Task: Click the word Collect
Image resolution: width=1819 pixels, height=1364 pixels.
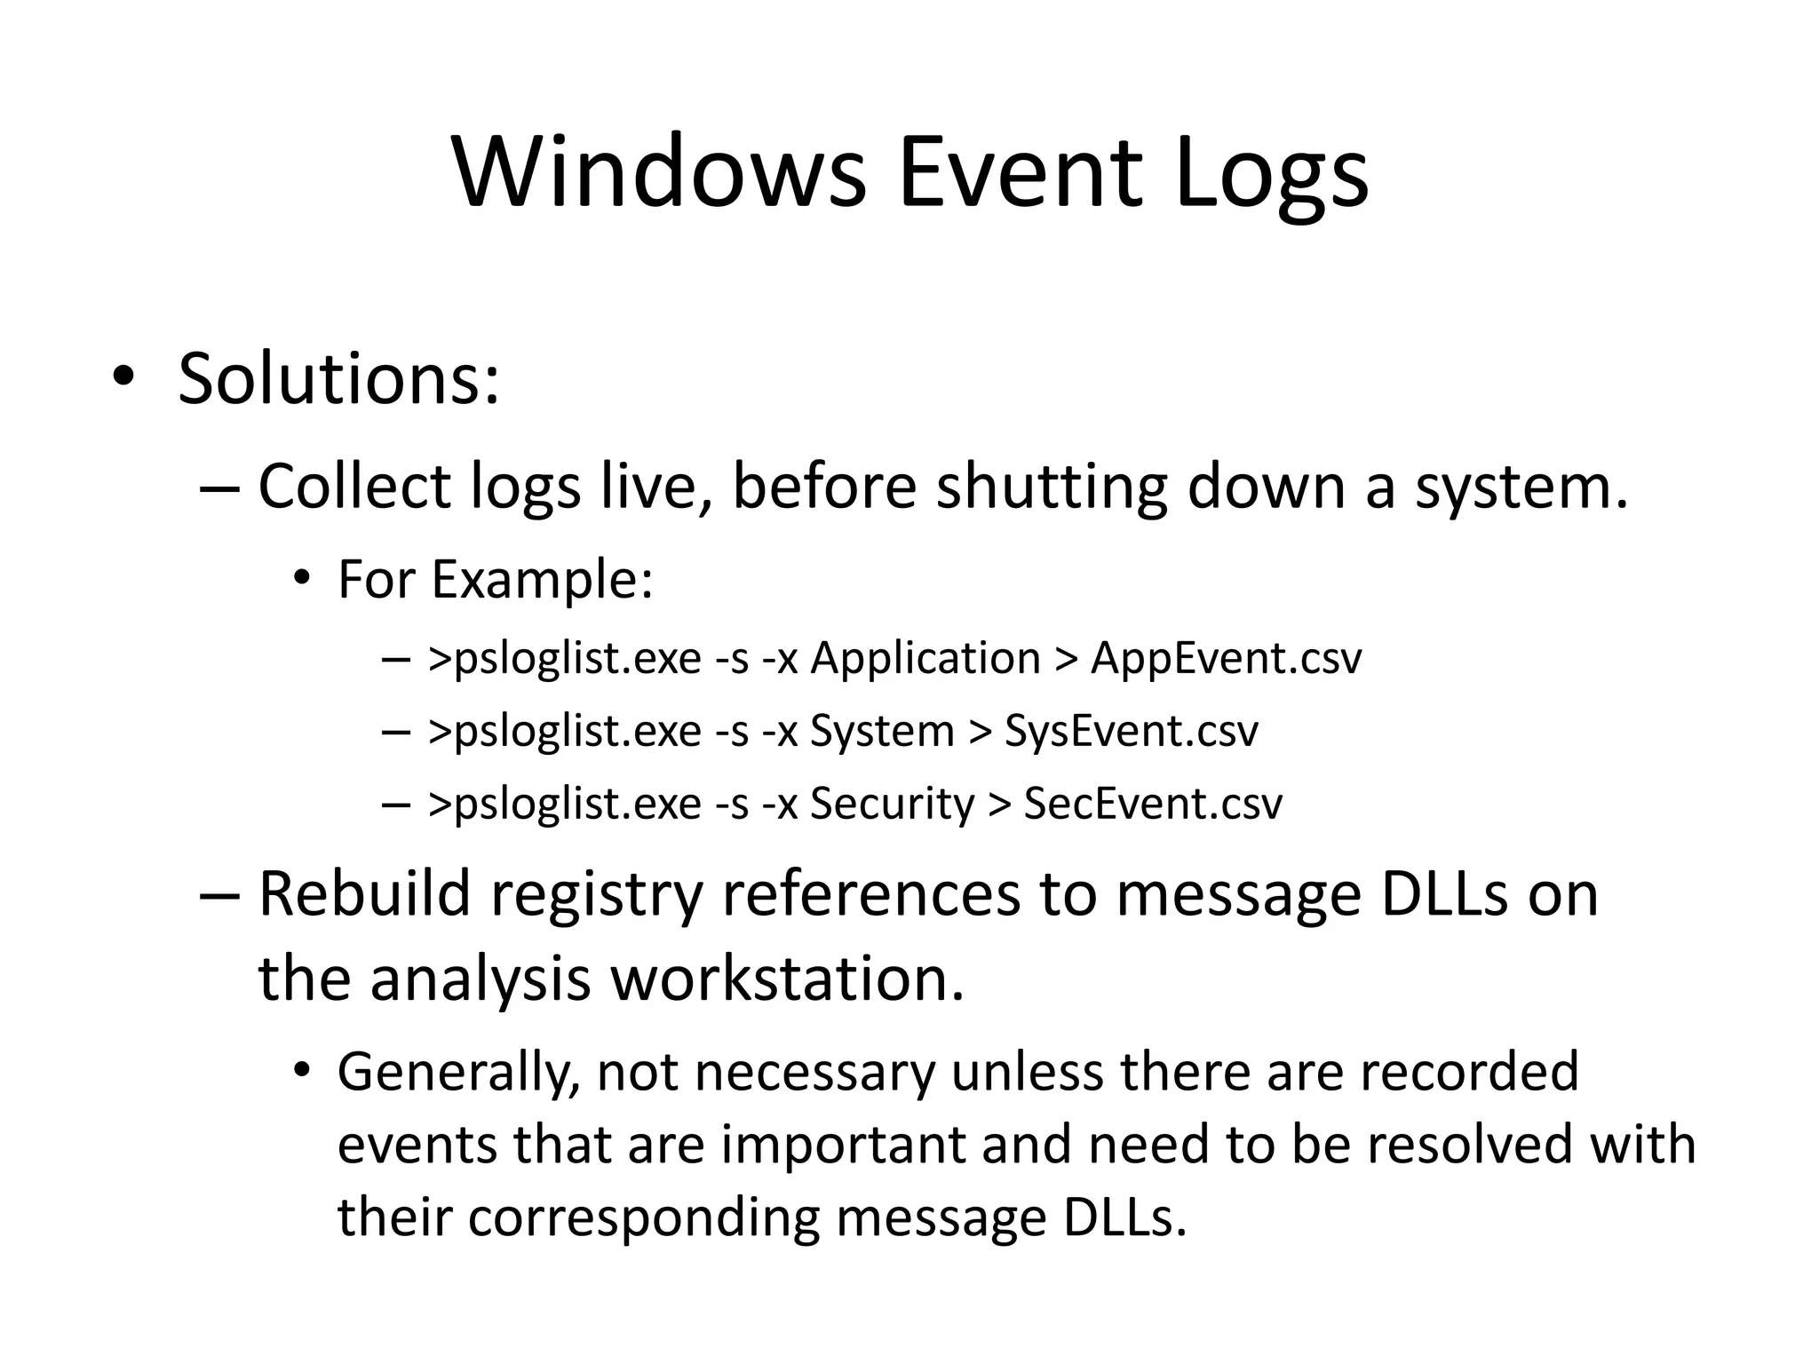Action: click(x=354, y=487)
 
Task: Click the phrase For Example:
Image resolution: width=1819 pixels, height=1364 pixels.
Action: click(x=496, y=580)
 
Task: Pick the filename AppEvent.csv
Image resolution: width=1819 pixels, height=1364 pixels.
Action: click(x=1226, y=659)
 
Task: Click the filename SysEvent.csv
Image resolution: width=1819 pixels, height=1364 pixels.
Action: click(x=1131, y=732)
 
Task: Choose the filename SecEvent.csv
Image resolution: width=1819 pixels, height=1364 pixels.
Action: click(x=1153, y=804)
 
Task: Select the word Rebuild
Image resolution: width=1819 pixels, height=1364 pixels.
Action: click(x=364, y=893)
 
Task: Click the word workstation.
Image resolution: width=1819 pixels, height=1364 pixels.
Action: click(x=788, y=979)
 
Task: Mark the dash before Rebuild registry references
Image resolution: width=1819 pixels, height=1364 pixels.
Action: click(x=219, y=895)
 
